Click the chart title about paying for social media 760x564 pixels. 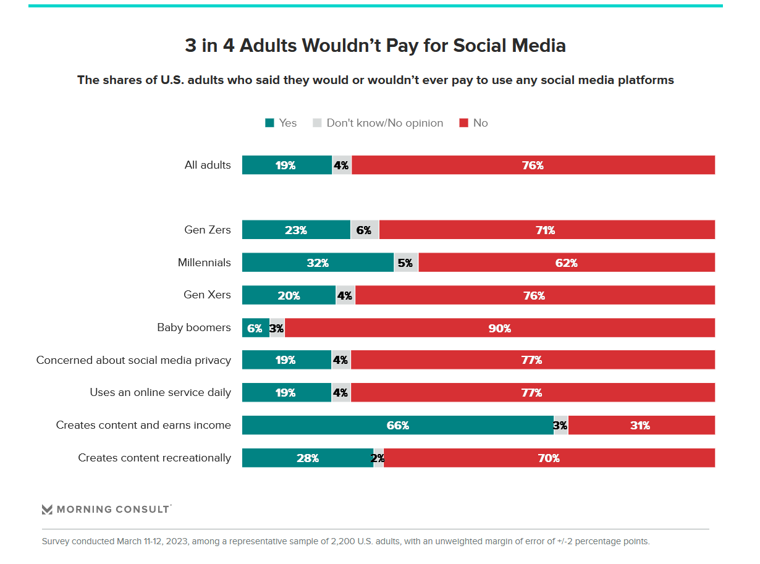(x=375, y=46)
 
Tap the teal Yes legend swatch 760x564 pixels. (x=269, y=123)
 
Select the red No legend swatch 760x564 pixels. (x=463, y=123)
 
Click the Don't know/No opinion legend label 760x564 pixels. (x=384, y=123)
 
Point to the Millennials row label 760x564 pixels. (x=204, y=263)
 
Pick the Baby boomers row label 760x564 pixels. (x=194, y=327)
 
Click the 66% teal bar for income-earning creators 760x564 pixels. (x=397, y=425)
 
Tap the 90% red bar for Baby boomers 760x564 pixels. (x=499, y=328)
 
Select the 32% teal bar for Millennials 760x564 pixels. (x=318, y=263)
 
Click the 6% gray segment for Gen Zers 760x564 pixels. (x=365, y=230)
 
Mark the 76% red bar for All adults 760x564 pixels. (x=533, y=165)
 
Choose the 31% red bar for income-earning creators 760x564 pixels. (x=641, y=425)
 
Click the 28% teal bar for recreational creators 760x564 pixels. (x=307, y=458)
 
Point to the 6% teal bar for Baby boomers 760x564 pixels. (x=255, y=328)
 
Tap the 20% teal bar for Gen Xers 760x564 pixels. (x=289, y=295)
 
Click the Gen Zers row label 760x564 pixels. (x=208, y=230)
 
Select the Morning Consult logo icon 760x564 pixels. (x=47, y=509)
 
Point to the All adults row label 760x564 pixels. (x=208, y=165)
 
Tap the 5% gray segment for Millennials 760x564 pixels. (x=406, y=263)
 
